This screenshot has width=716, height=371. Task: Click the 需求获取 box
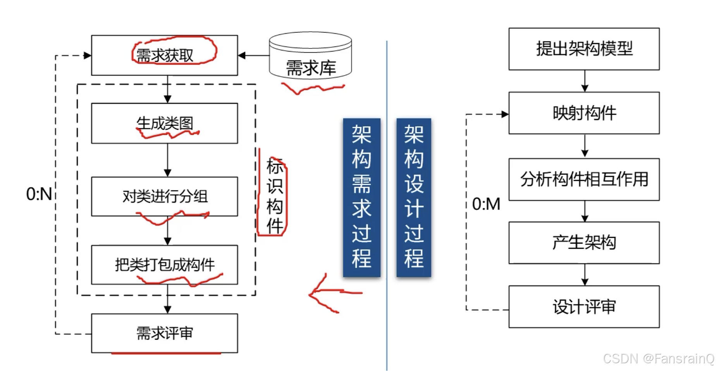[x=164, y=55]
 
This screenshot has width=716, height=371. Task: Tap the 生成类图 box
[x=164, y=123]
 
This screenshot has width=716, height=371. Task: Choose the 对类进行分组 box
[x=164, y=196]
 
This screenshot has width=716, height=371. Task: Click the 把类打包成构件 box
[x=164, y=265]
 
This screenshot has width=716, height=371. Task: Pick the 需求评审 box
[x=164, y=333]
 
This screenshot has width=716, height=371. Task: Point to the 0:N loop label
[x=39, y=194]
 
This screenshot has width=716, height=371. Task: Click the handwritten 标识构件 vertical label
[x=274, y=196]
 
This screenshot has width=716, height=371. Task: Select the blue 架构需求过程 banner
[x=361, y=198]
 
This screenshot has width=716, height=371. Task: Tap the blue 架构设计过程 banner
[x=413, y=198]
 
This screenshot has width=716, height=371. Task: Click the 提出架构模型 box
[x=584, y=49]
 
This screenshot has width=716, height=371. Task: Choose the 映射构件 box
[x=584, y=113]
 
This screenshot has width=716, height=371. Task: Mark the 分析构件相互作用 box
[x=584, y=179]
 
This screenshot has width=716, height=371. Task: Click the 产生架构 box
[x=584, y=243]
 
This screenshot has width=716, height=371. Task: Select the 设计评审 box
[x=584, y=307]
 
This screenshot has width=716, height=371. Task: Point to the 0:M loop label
[x=486, y=204]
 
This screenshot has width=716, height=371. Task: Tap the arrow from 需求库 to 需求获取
[x=254, y=55]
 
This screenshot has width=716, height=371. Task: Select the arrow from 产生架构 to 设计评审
[x=585, y=275]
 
